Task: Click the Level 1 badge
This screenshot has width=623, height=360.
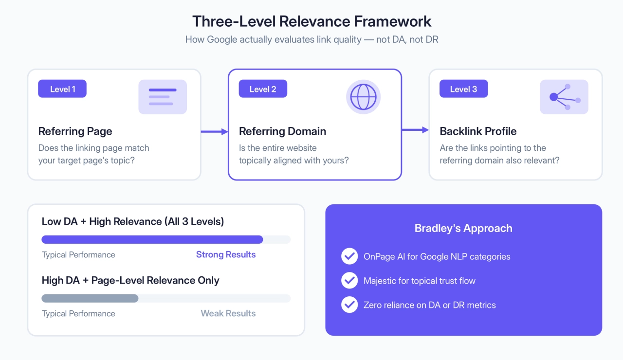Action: (62, 89)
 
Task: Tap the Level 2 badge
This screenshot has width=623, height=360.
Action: (263, 89)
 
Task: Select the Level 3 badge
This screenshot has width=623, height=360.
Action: (463, 89)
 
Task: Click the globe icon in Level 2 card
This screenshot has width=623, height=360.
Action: (363, 97)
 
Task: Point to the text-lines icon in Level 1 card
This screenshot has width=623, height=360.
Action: (163, 97)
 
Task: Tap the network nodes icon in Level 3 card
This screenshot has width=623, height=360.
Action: (564, 97)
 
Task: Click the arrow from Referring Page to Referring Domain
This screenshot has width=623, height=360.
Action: (215, 131)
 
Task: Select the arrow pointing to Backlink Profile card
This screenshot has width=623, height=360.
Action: (415, 129)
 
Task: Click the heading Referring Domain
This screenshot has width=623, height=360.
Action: (282, 131)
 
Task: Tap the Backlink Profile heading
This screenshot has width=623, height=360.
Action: (478, 131)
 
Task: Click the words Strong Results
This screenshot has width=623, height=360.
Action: (226, 254)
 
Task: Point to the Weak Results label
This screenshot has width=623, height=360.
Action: (228, 313)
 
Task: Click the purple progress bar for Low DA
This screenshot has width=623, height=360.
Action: (152, 239)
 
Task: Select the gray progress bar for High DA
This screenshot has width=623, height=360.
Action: (90, 298)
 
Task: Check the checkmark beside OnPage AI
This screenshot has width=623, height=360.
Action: (349, 256)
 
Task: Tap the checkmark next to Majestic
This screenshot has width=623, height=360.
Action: (349, 280)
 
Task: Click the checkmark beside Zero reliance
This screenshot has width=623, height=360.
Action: (349, 305)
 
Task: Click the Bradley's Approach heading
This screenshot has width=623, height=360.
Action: (463, 228)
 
